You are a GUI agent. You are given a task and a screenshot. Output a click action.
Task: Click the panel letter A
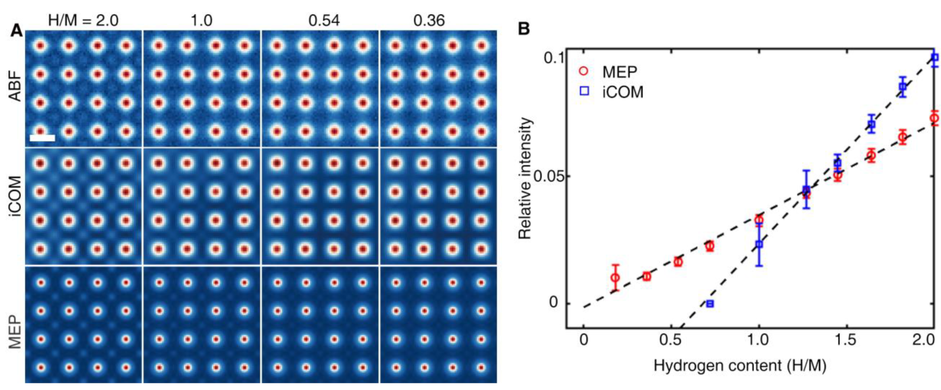[x=16, y=31]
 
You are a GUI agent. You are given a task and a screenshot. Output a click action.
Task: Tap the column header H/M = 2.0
[x=83, y=21]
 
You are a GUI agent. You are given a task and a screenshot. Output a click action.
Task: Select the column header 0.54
[x=324, y=21]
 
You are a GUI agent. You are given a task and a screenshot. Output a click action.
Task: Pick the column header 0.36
[x=429, y=21]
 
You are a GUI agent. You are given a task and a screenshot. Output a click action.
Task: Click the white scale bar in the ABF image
[x=42, y=138]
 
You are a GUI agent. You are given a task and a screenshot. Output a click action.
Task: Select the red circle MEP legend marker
[x=584, y=71]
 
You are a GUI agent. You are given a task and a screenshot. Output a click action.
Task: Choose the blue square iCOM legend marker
[x=585, y=91]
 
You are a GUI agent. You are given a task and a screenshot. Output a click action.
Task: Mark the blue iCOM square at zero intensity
[x=710, y=303]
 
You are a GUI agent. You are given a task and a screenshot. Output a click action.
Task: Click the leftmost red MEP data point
[x=615, y=278]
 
